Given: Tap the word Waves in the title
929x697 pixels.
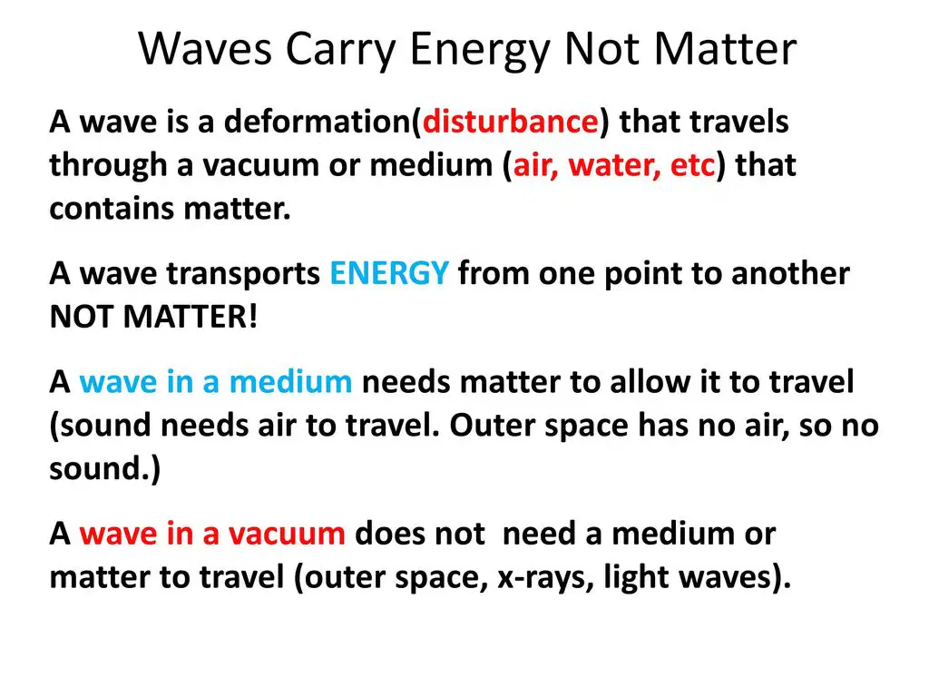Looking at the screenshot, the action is (205, 49).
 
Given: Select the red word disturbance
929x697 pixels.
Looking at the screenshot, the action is (510, 122).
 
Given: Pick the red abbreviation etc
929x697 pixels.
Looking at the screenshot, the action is (692, 165).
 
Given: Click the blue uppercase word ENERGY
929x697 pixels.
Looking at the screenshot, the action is (389, 273).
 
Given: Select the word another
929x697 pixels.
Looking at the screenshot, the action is (790, 273).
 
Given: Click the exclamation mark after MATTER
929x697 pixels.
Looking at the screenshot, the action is (253, 317).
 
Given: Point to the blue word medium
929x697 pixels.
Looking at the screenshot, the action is (290, 381).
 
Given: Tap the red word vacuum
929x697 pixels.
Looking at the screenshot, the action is (287, 534).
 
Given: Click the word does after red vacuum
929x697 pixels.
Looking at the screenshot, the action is (390, 533).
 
